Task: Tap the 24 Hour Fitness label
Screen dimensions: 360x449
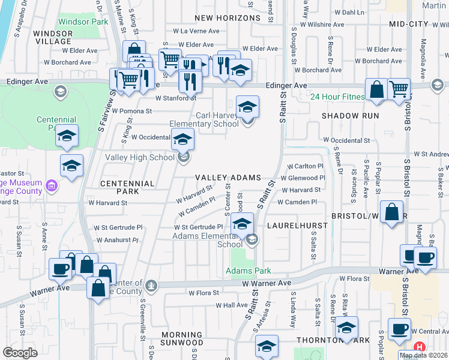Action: (x=337, y=97)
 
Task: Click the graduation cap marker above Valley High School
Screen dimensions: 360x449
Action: (x=184, y=140)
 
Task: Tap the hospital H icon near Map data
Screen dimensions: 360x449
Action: (x=420, y=347)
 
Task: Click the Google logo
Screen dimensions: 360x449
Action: (x=20, y=353)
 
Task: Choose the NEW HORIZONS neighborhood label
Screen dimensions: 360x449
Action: (x=226, y=18)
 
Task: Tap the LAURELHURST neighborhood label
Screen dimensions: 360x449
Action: (x=298, y=226)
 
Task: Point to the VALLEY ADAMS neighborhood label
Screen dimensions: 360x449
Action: (x=229, y=178)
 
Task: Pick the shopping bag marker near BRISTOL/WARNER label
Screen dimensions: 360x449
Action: (x=391, y=212)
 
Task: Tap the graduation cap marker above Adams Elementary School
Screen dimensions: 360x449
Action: (x=241, y=224)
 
